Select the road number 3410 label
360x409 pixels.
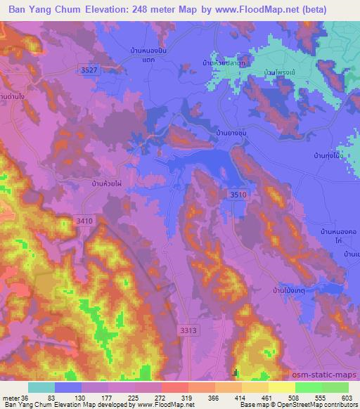84,221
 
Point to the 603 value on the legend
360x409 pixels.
346,397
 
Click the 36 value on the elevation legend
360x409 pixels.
25,397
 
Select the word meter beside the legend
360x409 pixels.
11,397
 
